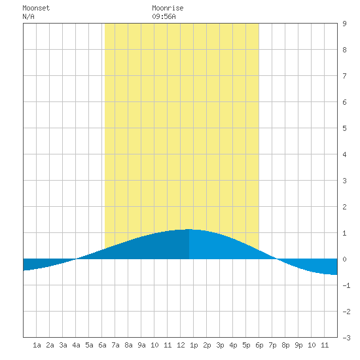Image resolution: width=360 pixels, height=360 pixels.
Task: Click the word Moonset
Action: click(x=36, y=8)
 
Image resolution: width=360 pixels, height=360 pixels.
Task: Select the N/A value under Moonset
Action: click(x=28, y=16)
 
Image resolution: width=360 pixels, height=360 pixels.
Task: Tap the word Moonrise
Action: click(x=168, y=8)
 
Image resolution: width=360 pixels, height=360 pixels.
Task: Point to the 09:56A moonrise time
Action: click(x=164, y=16)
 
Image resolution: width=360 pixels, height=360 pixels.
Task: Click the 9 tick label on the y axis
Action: click(x=344, y=24)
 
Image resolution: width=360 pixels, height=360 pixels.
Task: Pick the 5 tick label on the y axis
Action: click(x=344, y=128)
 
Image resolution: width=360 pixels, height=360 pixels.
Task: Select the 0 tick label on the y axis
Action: click(x=344, y=259)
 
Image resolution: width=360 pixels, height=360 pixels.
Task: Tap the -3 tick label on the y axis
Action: click(x=346, y=338)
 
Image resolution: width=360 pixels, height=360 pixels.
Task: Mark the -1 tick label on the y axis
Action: click(x=346, y=285)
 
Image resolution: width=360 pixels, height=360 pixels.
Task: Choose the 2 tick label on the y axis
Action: click(x=344, y=207)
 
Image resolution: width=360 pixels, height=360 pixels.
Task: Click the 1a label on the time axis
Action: click(x=37, y=345)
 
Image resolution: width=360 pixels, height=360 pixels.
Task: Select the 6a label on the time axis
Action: click(x=102, y=345)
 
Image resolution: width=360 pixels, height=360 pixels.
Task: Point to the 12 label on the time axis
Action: click(x=181, y=345)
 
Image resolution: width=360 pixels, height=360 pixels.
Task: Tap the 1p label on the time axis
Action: click(x=194, y=346)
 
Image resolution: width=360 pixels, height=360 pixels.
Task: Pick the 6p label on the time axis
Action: click(x=259, y=346)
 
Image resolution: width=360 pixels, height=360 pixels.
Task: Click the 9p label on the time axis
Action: click(x=298, y=346)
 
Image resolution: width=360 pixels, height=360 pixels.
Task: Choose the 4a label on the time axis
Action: click(x=76, y=345)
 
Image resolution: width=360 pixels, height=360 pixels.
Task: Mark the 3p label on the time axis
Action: click(x=220, y=346)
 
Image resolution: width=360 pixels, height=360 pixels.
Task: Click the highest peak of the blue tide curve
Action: click(x=189, y=229)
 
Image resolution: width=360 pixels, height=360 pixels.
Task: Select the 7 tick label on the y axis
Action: click(x=344, y=76)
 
